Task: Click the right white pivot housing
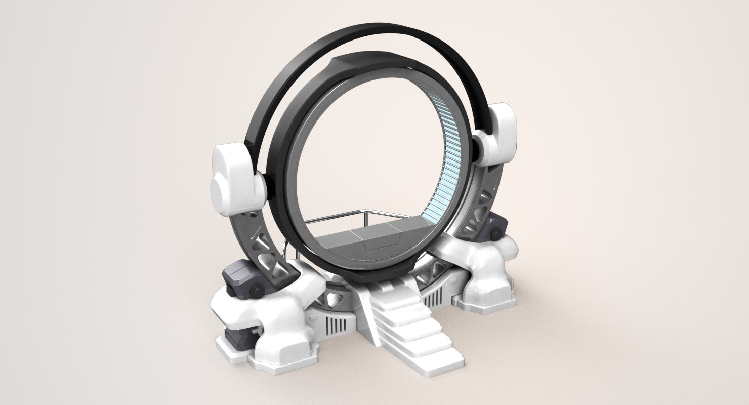497,133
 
